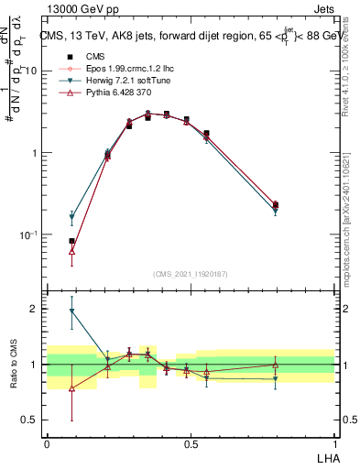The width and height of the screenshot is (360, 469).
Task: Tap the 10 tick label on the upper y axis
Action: [30, 71]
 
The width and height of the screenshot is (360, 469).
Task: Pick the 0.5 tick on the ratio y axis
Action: [32, 420]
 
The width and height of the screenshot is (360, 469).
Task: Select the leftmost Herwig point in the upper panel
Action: [71, 218]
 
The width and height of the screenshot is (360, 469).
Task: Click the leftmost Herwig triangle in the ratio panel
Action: [71, 311]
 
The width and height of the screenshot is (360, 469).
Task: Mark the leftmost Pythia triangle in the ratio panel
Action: [71, 387]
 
